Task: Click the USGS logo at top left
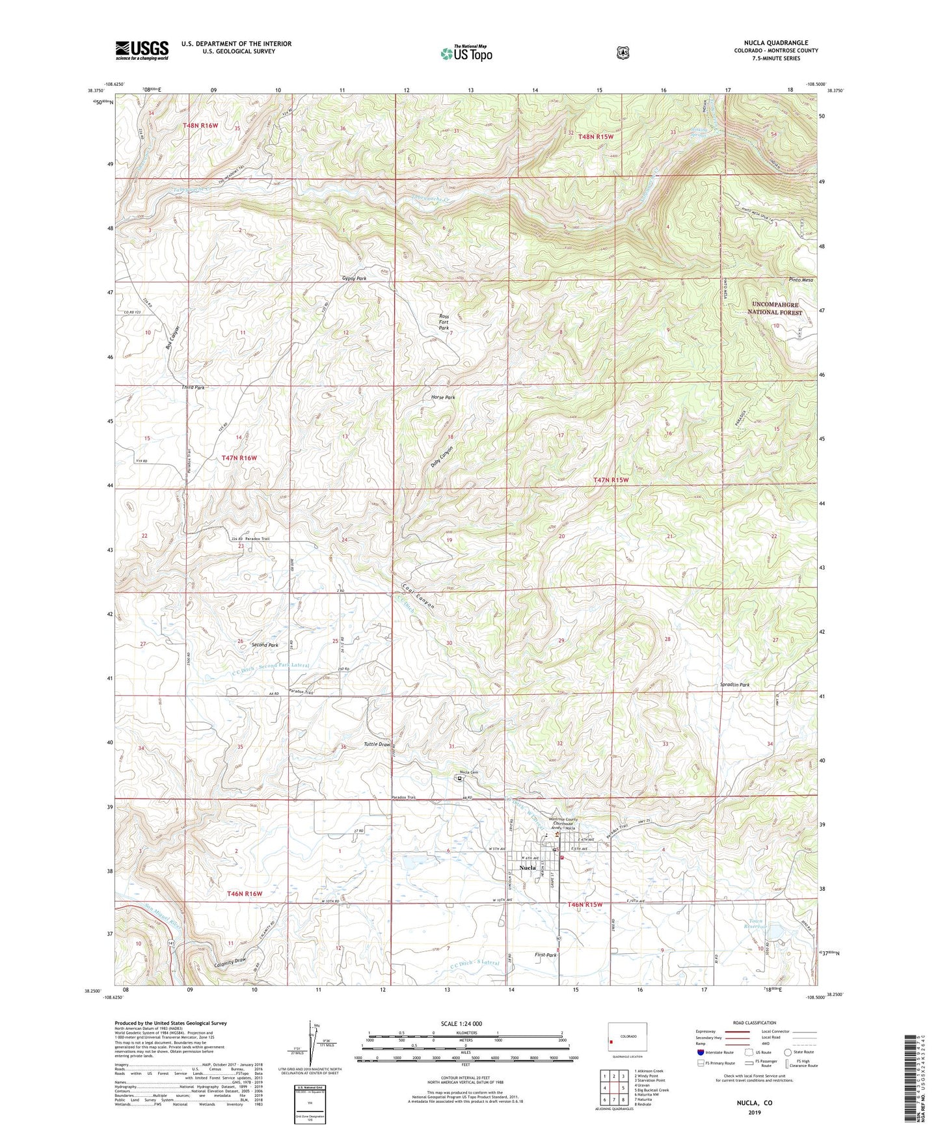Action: click(142, 50)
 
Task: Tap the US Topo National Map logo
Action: click(465, 53)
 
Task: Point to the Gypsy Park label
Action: click(354, 278)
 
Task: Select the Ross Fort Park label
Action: click(444, 322)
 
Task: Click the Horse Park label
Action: click(443, 397)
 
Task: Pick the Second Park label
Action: click(265, 645)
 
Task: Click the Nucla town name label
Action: click(528, 867)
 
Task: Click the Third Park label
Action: click(193, 387)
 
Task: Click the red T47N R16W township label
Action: click(239, 458)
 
